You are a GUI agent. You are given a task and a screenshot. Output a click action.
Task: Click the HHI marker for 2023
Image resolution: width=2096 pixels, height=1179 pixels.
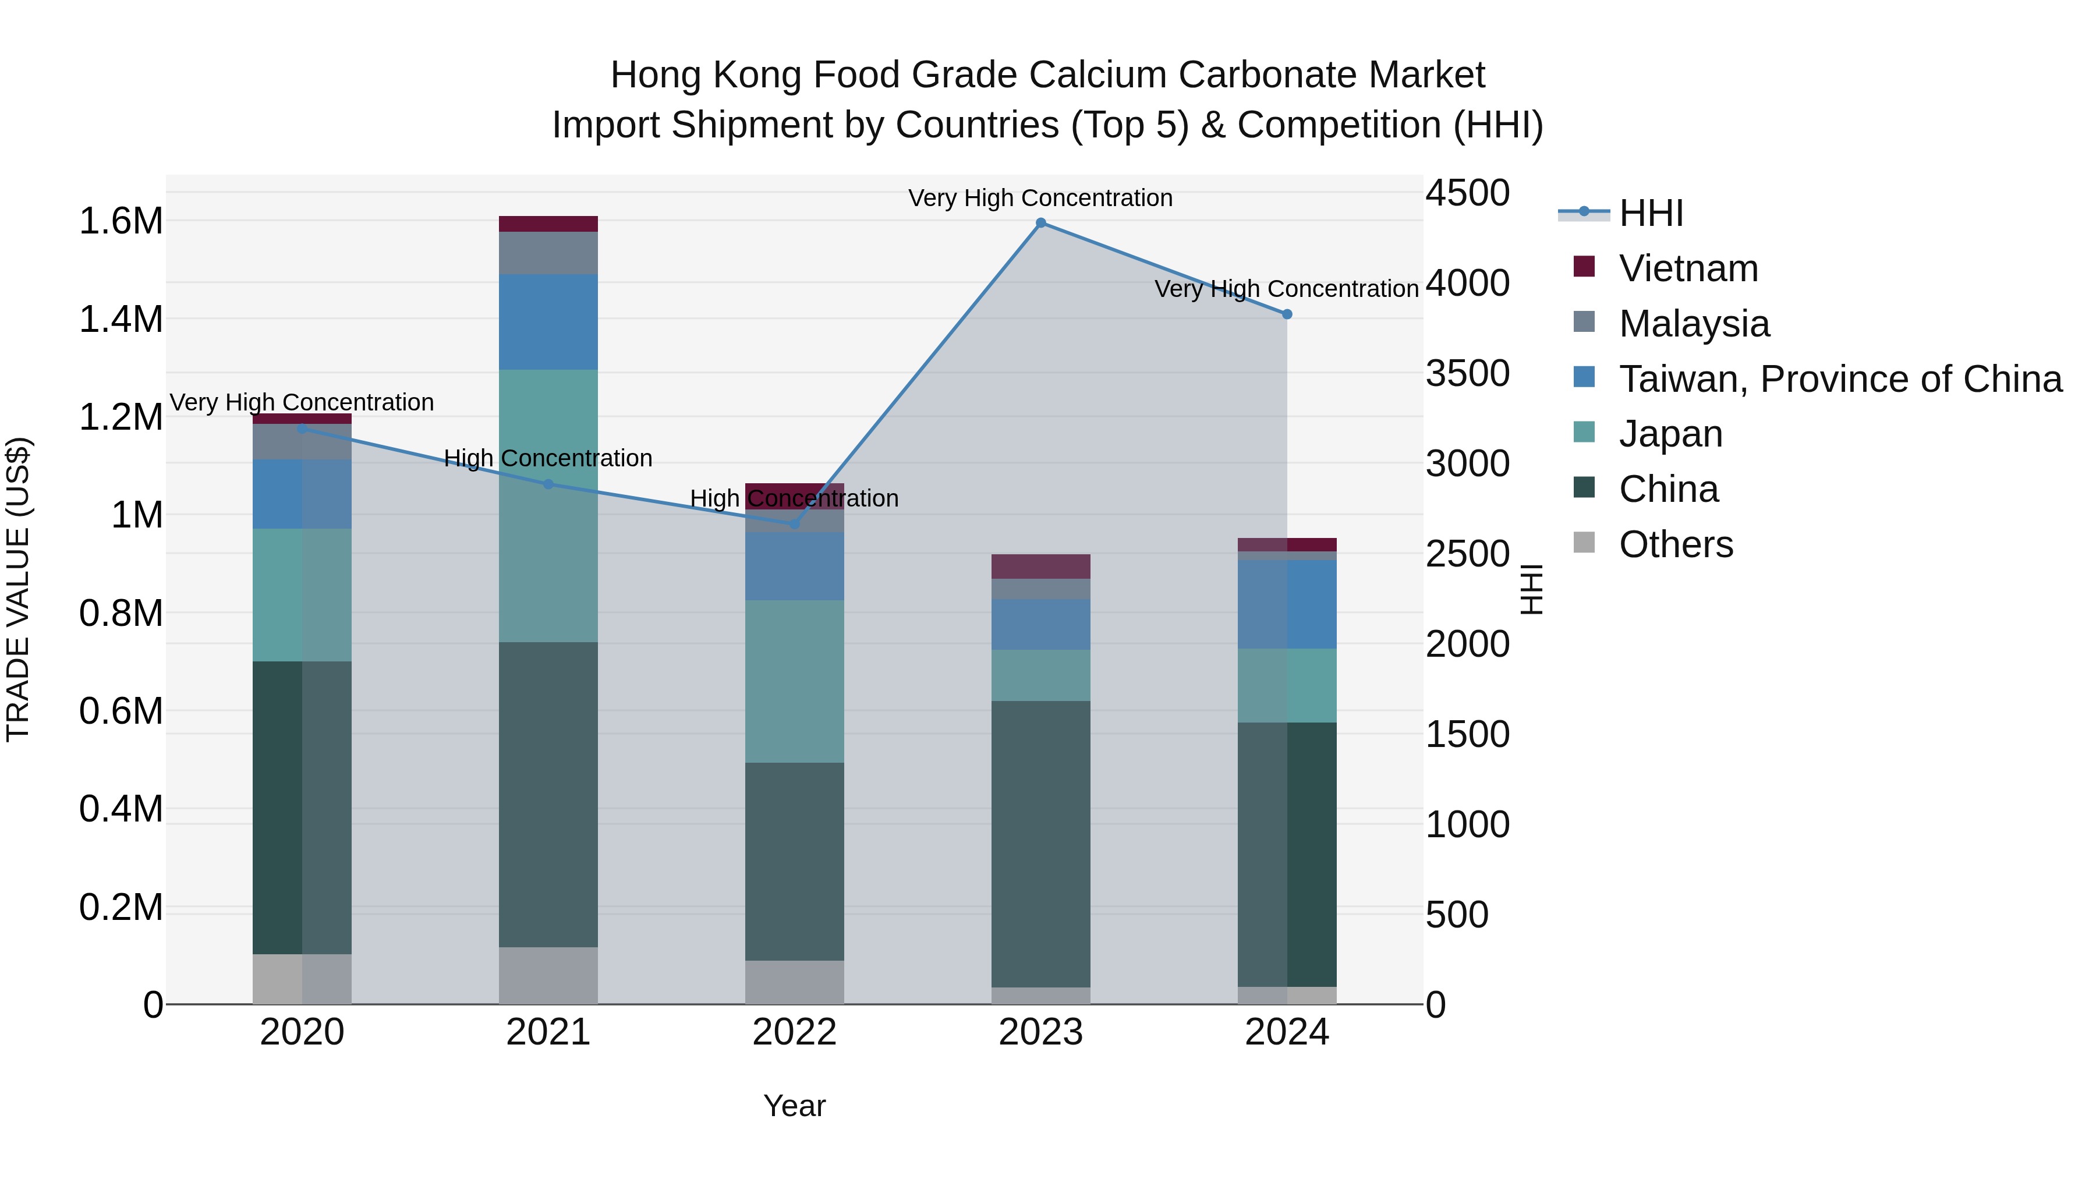pos(1040,223)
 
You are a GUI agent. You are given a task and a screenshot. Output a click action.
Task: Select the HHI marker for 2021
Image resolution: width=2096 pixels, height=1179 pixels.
pos(548,484)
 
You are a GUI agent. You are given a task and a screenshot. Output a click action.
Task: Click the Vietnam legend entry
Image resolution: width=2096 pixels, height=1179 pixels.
pos(1688,268)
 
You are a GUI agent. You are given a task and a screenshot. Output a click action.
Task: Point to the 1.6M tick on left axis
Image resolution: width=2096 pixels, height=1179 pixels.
pos(121,221)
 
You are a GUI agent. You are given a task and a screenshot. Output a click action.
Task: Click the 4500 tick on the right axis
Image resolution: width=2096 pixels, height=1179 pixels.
pos(1468,194)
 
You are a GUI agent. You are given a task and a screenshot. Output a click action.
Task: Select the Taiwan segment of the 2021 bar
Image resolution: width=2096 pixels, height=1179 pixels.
pos(548,321)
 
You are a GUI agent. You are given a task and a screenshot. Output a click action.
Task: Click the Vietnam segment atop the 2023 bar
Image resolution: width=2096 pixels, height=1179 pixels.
pos(1040,567)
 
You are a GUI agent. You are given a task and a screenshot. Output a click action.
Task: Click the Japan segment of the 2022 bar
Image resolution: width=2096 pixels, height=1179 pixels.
pos(794,681)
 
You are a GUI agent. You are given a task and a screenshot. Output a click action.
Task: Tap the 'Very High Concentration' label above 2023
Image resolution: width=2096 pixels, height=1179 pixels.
pos(1040,198)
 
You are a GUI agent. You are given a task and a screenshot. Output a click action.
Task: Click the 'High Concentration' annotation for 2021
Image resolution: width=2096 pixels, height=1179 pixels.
pos(548,458)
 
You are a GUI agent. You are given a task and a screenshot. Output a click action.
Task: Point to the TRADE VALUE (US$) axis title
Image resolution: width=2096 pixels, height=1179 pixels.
pos(18,589)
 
